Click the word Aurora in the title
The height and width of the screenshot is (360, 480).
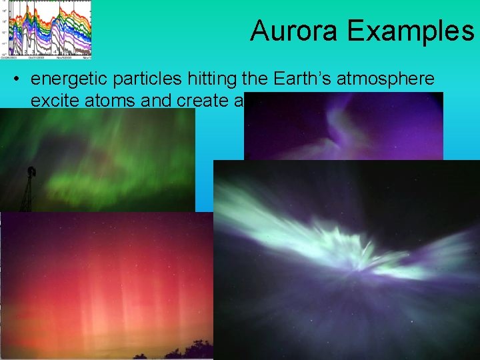291,31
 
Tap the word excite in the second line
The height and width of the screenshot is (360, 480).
53,99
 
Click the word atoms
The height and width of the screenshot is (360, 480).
108,99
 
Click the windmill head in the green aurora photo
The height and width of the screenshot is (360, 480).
31,172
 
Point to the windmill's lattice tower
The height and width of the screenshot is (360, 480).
27,196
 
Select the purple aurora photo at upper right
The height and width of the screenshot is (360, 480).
343,127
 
